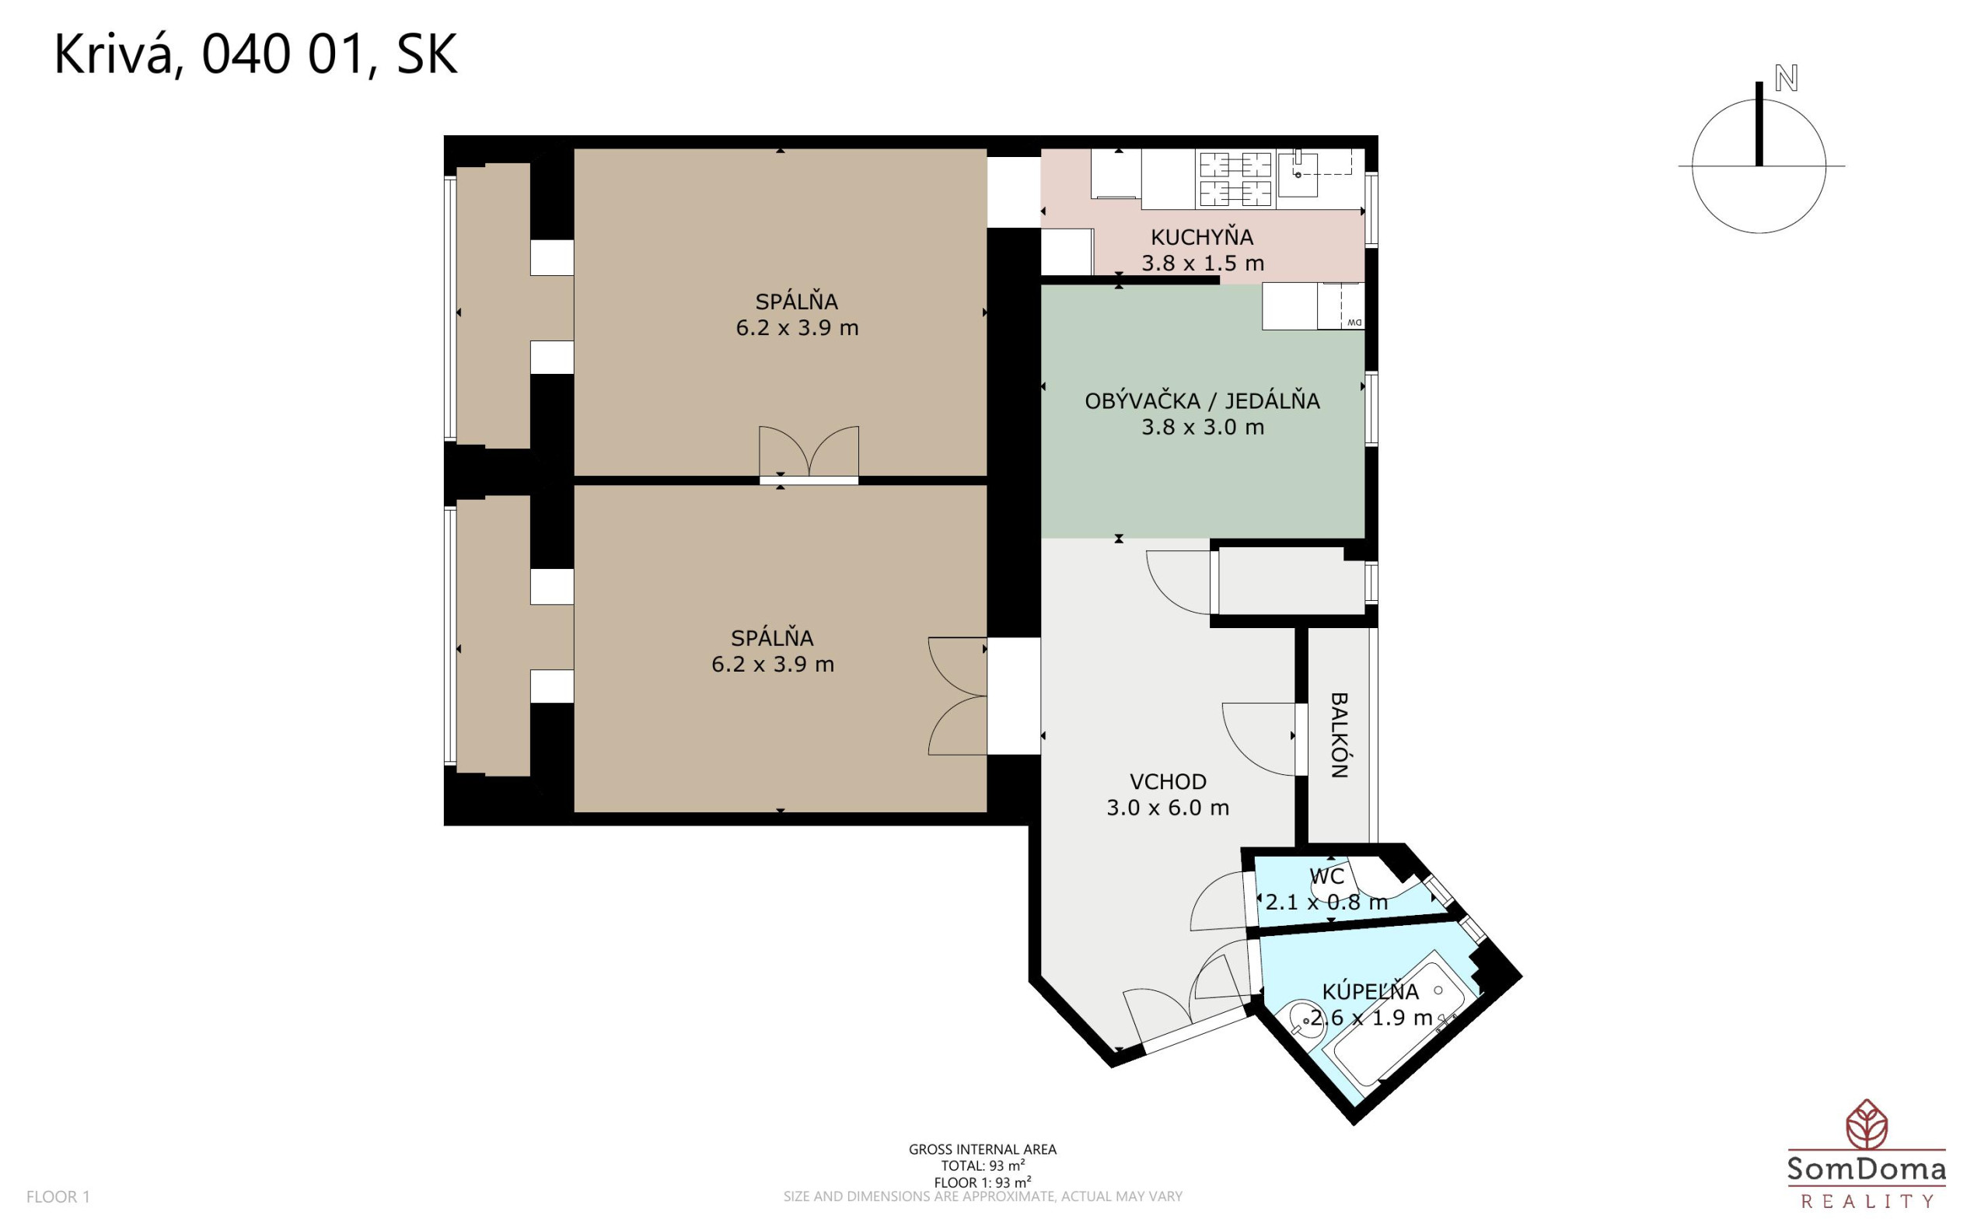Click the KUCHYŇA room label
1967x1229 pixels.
pos(1202,237)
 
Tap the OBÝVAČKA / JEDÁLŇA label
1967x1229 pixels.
pos(1202,400)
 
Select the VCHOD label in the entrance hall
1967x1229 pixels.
pos(1168,782)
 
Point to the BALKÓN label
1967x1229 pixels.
pos(1339,735)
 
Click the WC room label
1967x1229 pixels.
pos(1326,876)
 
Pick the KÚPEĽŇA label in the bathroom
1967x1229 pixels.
pos(1371,992)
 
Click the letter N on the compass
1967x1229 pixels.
pos(1786,79)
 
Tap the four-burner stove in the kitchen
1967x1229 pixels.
pos(1235,179)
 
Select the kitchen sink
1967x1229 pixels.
pos(1298,173)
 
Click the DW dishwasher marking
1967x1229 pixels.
pos(1354,323)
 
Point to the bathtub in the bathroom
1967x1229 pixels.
pos(1391,1019)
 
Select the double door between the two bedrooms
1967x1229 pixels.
pos(809,456)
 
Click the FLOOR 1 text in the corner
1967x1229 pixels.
pos(58,1196)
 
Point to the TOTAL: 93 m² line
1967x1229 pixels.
pos(983,1165)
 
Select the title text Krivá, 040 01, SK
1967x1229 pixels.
pos(255,55)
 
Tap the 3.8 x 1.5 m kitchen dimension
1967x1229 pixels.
pos(1202,264)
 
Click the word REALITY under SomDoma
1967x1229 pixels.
pos(1867,1201)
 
